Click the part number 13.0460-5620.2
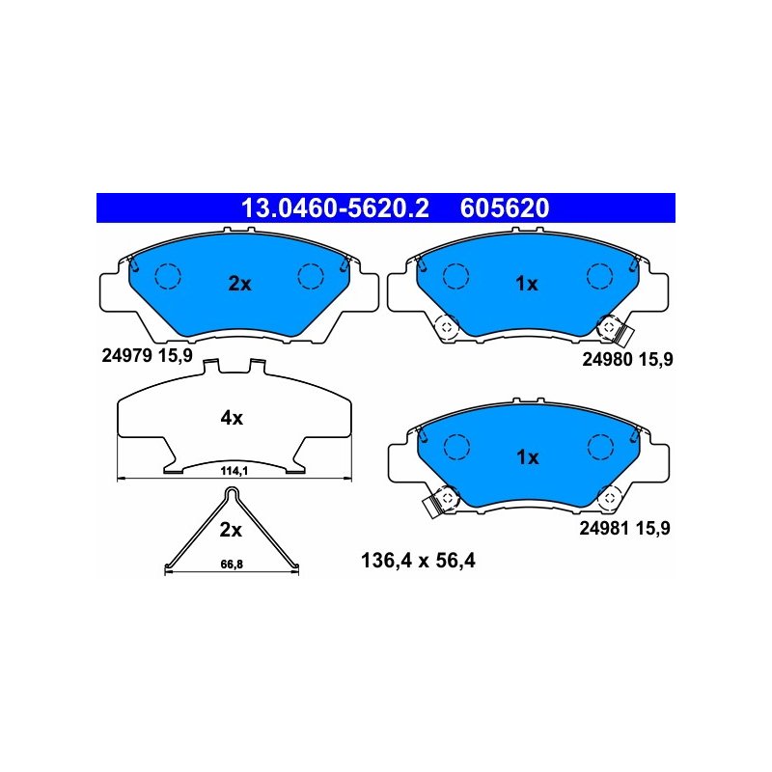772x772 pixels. (335, 207)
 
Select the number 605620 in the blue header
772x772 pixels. (505, 207)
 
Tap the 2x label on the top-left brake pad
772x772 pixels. (239, 284)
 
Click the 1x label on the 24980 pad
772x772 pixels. (527, 284)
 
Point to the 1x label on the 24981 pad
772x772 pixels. (528, 457)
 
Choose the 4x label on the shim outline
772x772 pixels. (232, 418)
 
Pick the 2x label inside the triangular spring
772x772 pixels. (231, 530)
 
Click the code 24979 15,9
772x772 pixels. (147, 355)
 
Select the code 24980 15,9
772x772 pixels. (627, 359)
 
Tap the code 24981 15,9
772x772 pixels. (624, 528)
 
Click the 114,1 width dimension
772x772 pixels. (234, 471)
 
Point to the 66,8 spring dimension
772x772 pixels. (232, 565)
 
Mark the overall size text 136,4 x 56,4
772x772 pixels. (418, 561)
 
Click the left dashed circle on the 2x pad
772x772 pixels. (168, 276)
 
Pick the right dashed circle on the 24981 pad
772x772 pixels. (600, 447)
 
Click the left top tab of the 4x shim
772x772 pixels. (210, 367)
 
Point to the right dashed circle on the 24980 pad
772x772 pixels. (599, 276)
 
